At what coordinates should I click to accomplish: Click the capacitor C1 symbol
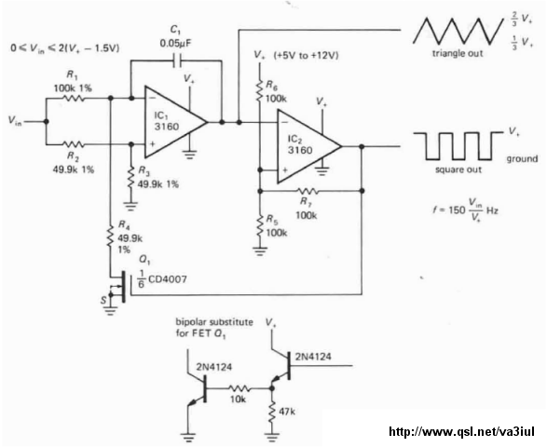click(178, 61)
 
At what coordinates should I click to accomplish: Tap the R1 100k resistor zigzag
click(73, 99)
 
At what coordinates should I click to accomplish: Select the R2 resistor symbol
click(73, 144)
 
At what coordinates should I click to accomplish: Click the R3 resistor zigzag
click(131, 177)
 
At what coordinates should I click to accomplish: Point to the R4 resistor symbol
click(110, 237)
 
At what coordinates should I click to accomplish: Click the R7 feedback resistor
click(308, 191)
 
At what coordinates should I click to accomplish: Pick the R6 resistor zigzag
click(259, 90)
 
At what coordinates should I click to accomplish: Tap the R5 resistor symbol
click(259, 225)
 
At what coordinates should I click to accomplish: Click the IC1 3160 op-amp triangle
click(176, 122)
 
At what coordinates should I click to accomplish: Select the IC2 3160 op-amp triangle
click(308, 146)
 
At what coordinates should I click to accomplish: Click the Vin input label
click(15, 121)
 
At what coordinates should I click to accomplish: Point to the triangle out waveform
click(458, 31)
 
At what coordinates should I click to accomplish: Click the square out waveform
click(458, 146)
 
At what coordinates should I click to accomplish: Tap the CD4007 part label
click(162, 279)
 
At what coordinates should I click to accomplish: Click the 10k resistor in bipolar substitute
click(239, 388)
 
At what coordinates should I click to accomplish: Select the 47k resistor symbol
click(272, 413)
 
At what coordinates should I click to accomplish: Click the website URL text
click(461, 431)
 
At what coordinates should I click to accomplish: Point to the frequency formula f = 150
click(465, 210)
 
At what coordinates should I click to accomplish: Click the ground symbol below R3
click(131, 206)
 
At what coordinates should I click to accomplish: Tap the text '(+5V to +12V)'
click(307, 56)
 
